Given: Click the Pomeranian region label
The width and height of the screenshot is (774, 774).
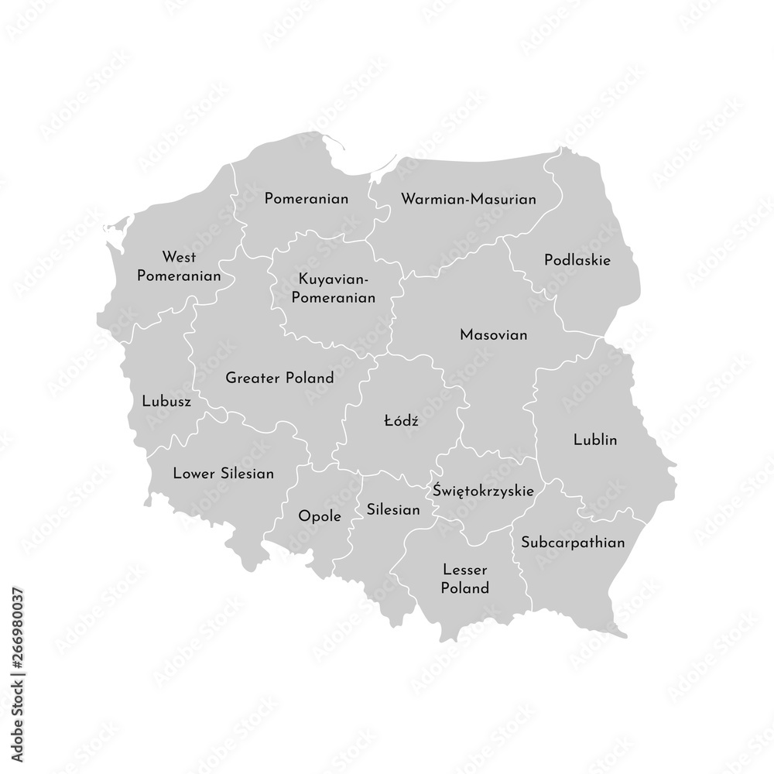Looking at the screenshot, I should pos(306,199).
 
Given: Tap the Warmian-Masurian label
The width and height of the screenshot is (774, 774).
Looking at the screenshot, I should pos(468,199).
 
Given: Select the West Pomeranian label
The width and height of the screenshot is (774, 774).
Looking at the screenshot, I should pos(179,265).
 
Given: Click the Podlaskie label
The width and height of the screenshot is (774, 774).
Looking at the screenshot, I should pos(577,260).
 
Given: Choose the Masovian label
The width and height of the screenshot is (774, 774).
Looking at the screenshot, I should pos(493,335).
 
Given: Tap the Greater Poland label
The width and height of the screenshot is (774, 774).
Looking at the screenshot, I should pos(279,378).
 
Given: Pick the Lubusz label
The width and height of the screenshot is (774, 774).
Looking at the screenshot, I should pos(167,402).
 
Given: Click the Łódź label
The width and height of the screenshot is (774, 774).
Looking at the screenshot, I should pos(401,421).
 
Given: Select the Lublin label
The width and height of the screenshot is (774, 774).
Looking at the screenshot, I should pos(595,440).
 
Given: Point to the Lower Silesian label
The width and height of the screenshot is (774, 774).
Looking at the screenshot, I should pos(223,473).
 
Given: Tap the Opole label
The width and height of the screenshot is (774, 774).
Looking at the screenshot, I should pos(320,516).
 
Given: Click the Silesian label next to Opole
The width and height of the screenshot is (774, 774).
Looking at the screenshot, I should pos(393,510).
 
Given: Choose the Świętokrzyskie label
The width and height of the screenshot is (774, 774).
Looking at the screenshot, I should pos(483,490).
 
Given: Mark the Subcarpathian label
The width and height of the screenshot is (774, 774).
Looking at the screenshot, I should pos(573,543).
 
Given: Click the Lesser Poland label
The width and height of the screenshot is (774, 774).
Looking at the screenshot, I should pos(465,578).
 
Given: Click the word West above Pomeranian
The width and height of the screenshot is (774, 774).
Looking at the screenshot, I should pos(179,256).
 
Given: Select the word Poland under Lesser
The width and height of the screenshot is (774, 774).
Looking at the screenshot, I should pos(465,588).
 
